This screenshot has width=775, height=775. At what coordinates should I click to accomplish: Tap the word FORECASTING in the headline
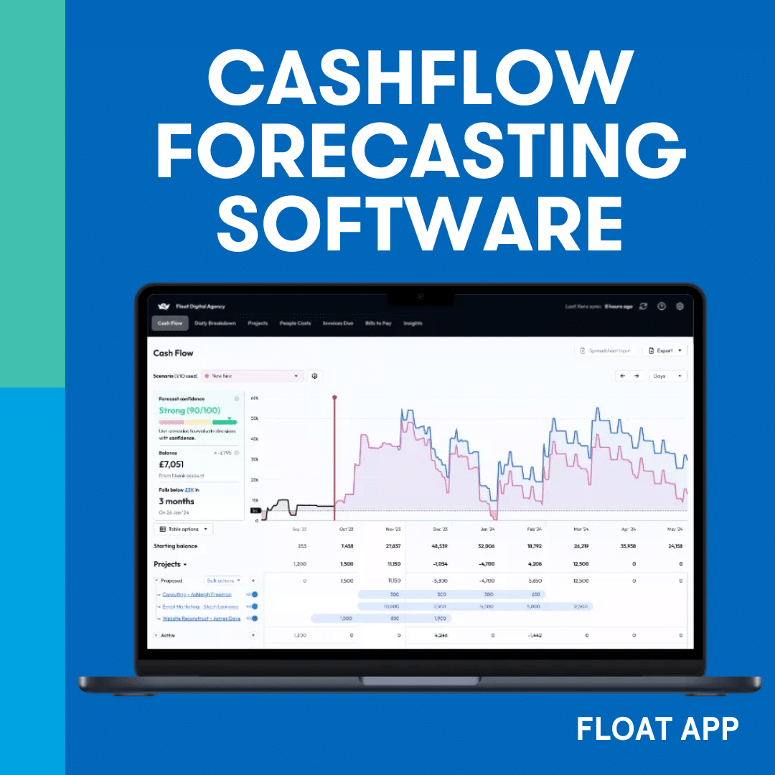click(x=421, y=152)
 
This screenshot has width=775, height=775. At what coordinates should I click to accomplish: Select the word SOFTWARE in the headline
click(x=421, y=223)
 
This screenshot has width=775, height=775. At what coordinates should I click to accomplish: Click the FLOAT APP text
click(x=657, y=729)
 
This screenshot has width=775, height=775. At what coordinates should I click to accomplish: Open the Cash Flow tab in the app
click(x=170, y=324)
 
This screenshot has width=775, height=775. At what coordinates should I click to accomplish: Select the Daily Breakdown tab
click(x=215, y=324)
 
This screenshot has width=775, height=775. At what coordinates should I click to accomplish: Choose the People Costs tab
click(x=295, y=324)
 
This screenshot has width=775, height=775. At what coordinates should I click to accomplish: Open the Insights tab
click(x=413, y=324)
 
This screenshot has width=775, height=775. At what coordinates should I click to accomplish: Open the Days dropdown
click(x=667, y=376)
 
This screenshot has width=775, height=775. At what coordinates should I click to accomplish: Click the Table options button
click(x=184, y=529)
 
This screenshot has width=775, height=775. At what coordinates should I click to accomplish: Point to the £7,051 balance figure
click(x=172, y=464)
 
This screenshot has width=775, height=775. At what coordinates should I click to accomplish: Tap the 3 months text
click(x=177, y=501)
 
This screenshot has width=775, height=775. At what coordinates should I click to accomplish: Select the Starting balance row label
click(x=175, y=546)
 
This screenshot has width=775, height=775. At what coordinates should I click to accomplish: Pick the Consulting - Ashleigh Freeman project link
click(x=197, y=594)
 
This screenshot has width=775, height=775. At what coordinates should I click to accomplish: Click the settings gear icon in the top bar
click(x=680, y=306)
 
